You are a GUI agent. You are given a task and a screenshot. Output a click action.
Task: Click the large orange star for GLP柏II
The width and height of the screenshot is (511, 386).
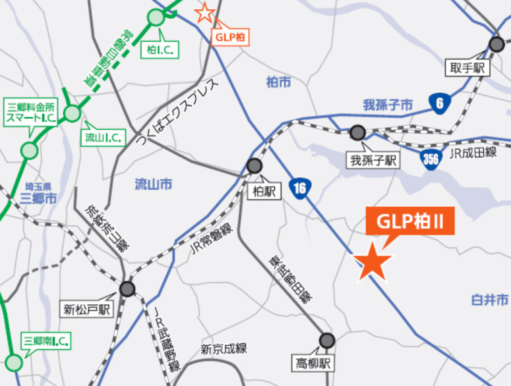pyautogui.click(x=374, y=262)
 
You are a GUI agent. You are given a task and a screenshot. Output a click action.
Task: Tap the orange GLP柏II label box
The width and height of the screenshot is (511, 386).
pyautogui.click(x=410, y=221)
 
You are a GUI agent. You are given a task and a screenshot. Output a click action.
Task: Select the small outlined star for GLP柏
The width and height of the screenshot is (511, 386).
pyautogui.click(x=205, y=12)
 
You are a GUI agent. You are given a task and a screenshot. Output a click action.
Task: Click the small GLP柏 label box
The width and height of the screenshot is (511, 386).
pyautogui.click(x=230, y=37)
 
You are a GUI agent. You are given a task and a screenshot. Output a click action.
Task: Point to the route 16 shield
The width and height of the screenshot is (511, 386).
pyautogui.click(x=300, y=189)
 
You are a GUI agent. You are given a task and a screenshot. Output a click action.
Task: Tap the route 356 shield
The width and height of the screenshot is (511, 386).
pyautogui.click(x=431, y=159)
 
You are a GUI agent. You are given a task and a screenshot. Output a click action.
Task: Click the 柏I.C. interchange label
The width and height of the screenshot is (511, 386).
pyautogui.click(x=160, y=49)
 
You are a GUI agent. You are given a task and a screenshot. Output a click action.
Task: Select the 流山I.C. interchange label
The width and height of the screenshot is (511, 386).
pyautogui.click(x=102, y=138)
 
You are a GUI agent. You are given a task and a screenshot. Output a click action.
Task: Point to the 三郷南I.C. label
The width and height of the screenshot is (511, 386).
pyautogui.click(x=46, y=341)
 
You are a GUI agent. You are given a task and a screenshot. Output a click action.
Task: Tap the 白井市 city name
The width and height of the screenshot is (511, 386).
pyautogui.click(x=489, y=300)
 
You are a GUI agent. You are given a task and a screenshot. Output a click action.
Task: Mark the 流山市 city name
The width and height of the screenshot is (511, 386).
pyautogui.click(x=152, y=184)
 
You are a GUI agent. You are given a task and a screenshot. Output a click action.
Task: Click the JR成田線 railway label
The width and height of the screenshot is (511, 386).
pyautogui.click(x=472, y=153)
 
